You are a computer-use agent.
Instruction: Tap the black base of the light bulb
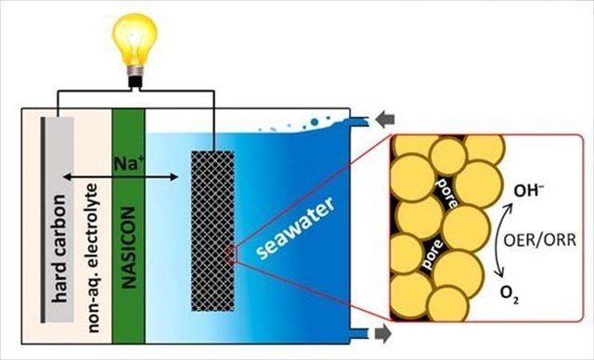(135, 83)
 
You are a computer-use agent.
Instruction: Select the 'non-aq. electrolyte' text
(93, 258)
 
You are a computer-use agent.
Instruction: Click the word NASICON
(129, 248)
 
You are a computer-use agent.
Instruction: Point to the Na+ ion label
(128, 164)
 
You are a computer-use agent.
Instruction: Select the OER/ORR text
(540, 240)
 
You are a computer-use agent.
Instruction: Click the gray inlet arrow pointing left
(385, 121)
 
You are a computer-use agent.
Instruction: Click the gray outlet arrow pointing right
(383, 333)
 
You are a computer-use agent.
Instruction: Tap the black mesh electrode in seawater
(213, 231)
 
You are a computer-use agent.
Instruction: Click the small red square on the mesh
(231, 254)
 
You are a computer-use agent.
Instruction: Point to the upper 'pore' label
(447, 192)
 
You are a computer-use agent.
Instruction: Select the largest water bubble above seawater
(314, 122)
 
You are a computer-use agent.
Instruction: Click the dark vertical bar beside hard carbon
(44, 220)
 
